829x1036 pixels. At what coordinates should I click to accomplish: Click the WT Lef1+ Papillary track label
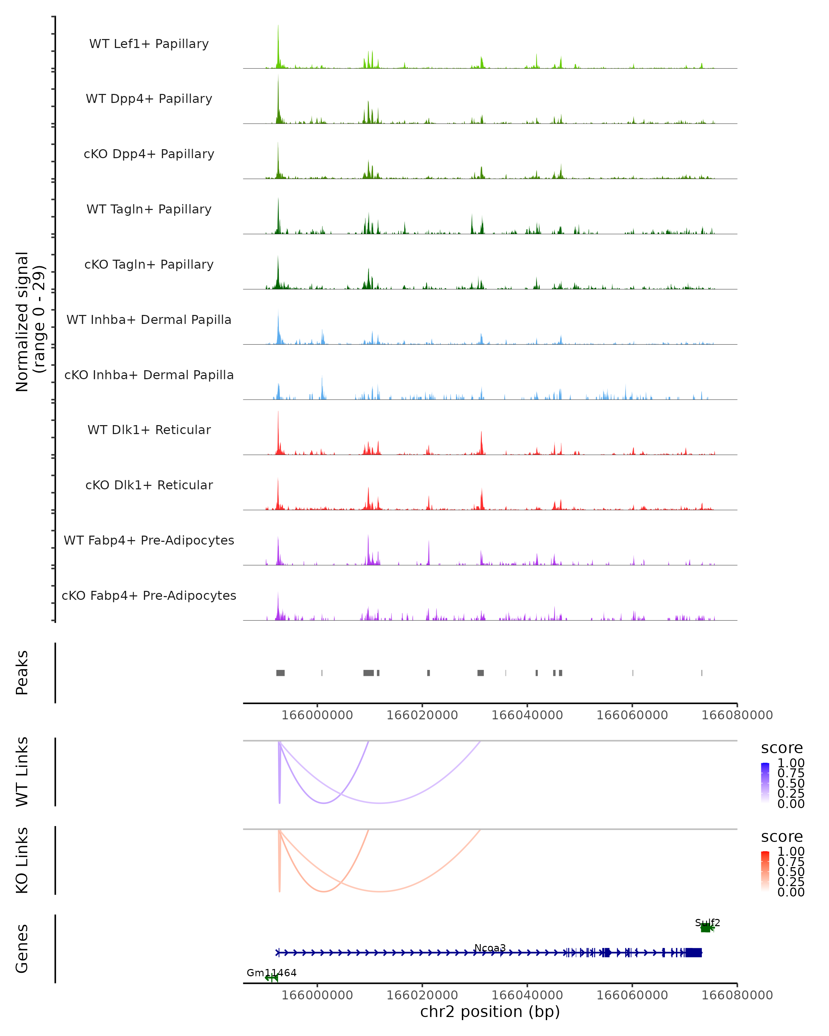pyautogui.click(x=149, y=44)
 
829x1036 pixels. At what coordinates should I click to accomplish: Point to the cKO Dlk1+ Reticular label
pyautogui.click(x=149, y=485)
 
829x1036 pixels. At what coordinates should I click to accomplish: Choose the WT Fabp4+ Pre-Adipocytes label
pyautogui.click(x=149, y=540)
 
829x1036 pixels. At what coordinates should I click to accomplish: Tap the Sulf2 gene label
pyautogui.click(x=707, y=923)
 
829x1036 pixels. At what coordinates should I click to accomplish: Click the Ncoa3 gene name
pyautogui.click(x=490, y=948)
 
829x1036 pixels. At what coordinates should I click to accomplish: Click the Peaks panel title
pyautogui.click(x=22, y=672)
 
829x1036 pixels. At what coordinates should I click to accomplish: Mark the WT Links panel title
pyautogui.click(x=22, y=772)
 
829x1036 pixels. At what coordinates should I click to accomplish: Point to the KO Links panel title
pyautogui.click(x=22, y=860)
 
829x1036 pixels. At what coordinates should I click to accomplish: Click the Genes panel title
pyautogui.click(x=22, y=949)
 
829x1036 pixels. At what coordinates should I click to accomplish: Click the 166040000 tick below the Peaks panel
pyautogui.click(x=527, y=715)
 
